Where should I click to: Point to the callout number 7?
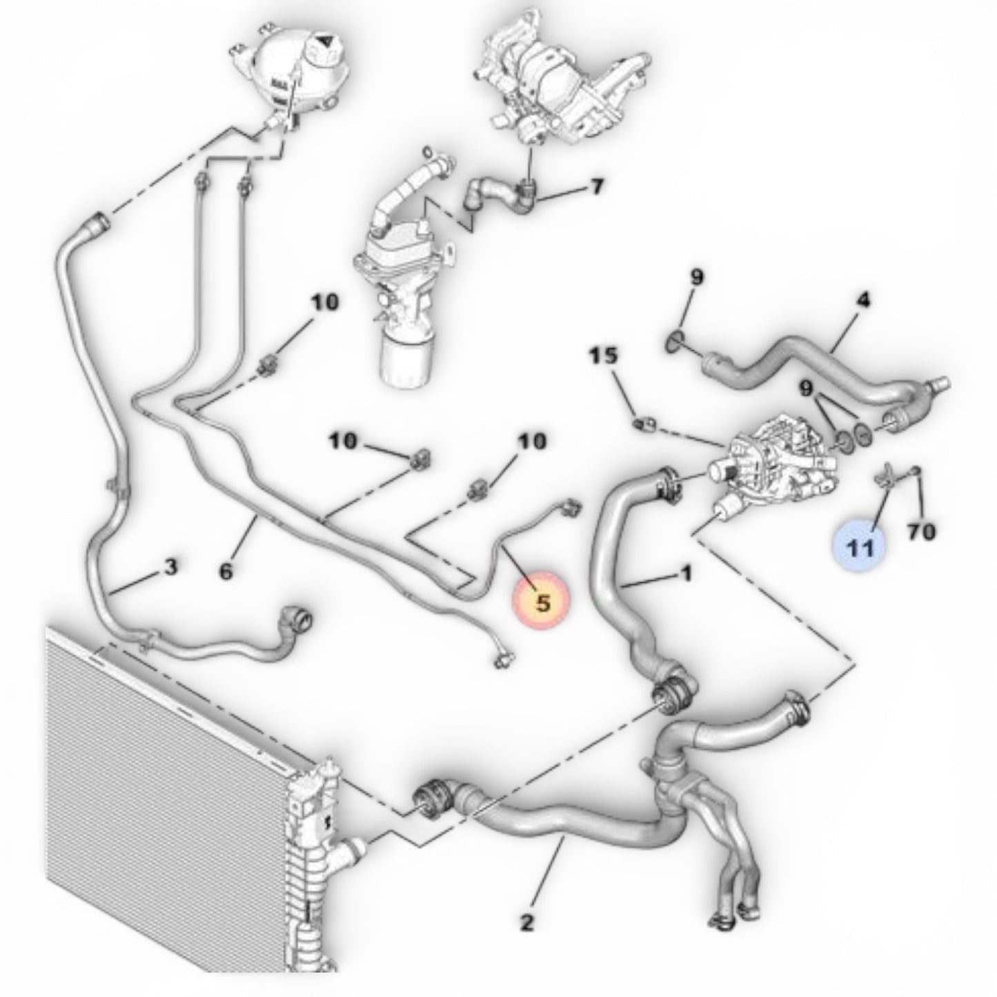597,186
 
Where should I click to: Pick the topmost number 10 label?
324,302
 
